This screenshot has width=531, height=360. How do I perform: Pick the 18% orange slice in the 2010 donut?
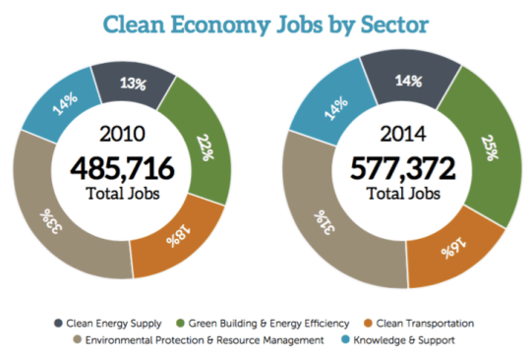tap(169, 237)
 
